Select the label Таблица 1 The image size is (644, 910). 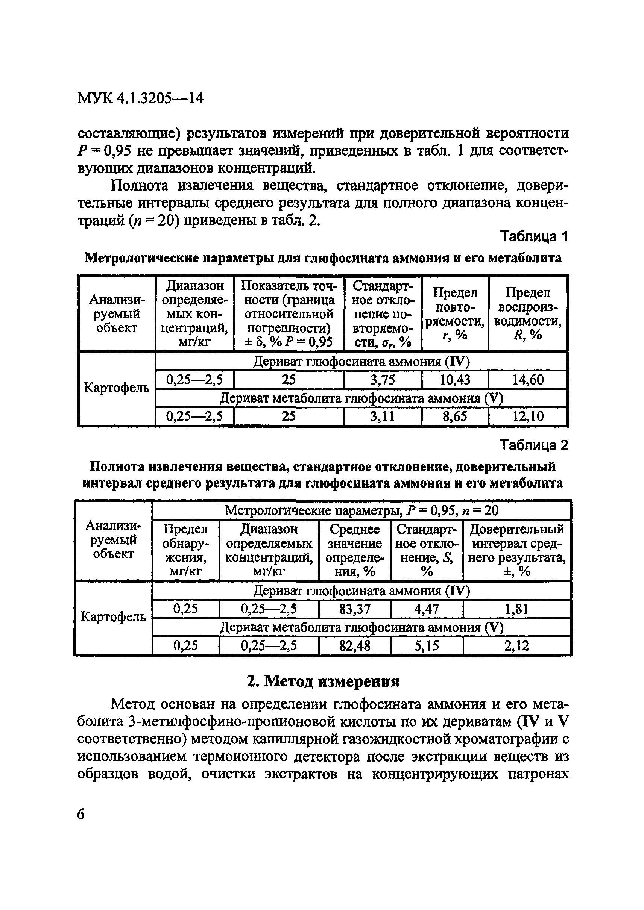point(534,237)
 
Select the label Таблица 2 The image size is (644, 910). point(534,445)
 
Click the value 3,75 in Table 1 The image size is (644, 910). point(382,380)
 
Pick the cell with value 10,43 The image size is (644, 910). point(455,380)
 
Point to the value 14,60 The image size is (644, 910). point(528,380)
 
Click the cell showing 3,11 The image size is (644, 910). point(382,416)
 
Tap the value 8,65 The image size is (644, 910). point(455,416)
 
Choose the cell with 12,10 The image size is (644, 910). point(528,416)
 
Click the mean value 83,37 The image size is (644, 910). point(354,609)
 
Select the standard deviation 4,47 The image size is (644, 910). point(427,609)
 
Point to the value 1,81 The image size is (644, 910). point(516,609)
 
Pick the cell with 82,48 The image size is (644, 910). point(354,646)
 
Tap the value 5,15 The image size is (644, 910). point(427,646)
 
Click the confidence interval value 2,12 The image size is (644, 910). point(516,646)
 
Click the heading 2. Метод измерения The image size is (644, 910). point(323,682)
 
